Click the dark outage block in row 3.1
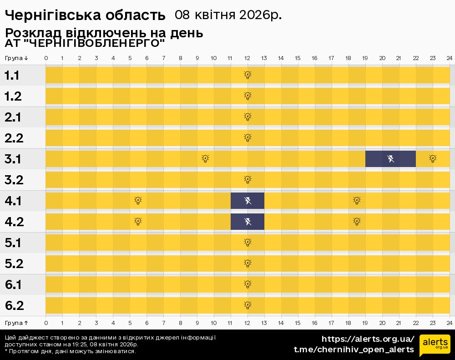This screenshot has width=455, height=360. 390,158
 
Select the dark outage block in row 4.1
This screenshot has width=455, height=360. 248,201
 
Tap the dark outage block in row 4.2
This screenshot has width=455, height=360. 248,222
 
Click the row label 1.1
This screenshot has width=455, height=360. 12,76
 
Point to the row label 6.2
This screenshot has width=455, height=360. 14,305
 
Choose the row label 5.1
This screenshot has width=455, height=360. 13,243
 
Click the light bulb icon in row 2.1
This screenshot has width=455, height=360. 248,117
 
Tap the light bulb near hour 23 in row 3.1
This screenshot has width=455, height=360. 433,158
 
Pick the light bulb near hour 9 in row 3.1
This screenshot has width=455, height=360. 205,158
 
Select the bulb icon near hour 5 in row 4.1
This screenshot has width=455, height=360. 138,200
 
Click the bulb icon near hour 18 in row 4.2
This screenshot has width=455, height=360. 357,222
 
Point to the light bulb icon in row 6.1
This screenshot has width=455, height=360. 248,284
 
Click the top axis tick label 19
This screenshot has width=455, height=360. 365,58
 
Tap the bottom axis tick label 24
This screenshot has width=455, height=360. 449,323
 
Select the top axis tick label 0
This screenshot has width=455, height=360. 46,58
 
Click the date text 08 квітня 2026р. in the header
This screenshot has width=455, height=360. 228,15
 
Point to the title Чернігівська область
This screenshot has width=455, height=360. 85,15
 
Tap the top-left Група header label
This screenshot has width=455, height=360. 17,58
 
